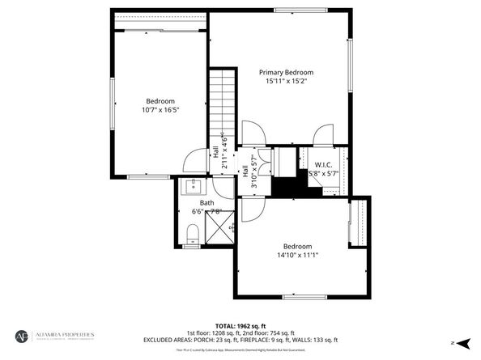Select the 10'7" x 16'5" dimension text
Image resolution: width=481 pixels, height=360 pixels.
coord(160,110)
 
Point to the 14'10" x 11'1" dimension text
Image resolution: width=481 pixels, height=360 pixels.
coord(297,256)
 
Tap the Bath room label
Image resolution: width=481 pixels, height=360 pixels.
coord(207,202)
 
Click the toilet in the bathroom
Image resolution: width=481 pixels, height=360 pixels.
coord(193,235)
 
